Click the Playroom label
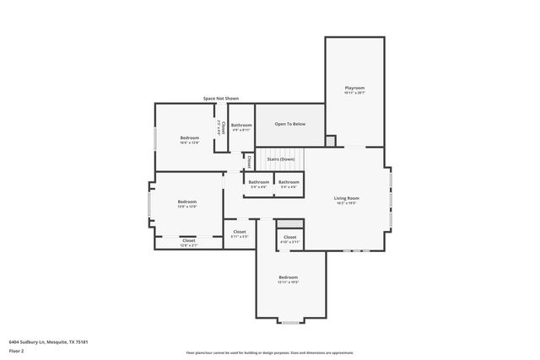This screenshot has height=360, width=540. coord(354,88)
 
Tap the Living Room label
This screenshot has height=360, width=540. coord(347,198)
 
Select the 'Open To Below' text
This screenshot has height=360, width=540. coord(289,124)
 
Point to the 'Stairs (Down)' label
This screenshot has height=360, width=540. coord(280,159)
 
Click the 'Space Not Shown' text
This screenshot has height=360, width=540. coord(220,99)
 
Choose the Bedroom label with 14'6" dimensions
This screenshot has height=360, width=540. coord(189,137)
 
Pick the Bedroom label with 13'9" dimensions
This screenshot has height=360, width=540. coord(186,201)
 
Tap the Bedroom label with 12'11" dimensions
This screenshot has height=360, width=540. coord(288,277)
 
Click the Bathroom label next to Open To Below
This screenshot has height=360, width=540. coord(241,125)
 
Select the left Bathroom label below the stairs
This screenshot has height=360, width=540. coord(258,182)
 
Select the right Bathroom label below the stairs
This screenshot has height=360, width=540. coord(289,182)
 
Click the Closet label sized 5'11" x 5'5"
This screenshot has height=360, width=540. coord(240,232)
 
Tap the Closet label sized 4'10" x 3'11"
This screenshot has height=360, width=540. coord(289,238)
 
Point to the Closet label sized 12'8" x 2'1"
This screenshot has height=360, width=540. coord(188,241)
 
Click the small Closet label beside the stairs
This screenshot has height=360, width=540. coord(249,160)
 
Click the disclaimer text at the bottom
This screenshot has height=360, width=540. coord(269,352)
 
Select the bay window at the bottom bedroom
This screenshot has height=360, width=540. coord(289,322)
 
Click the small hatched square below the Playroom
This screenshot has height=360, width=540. coord(330,140)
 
